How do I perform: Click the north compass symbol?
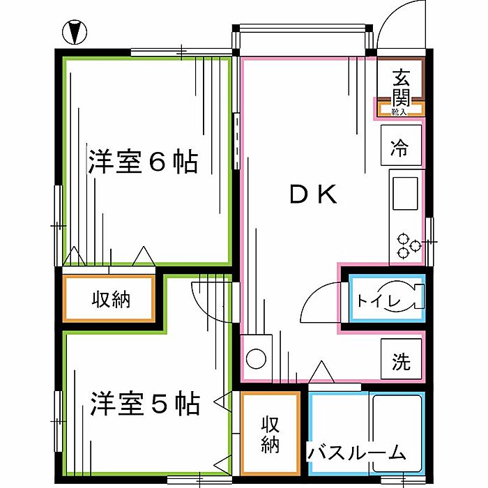[75, 31]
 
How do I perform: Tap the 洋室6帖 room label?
[142, 162]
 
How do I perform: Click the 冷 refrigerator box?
[399, 147]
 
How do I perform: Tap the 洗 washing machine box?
[400, 362]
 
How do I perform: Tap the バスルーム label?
[357, 453]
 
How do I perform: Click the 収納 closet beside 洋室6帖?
[110, 300]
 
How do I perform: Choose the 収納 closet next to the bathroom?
[270, 434]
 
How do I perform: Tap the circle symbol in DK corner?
[256, 358]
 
